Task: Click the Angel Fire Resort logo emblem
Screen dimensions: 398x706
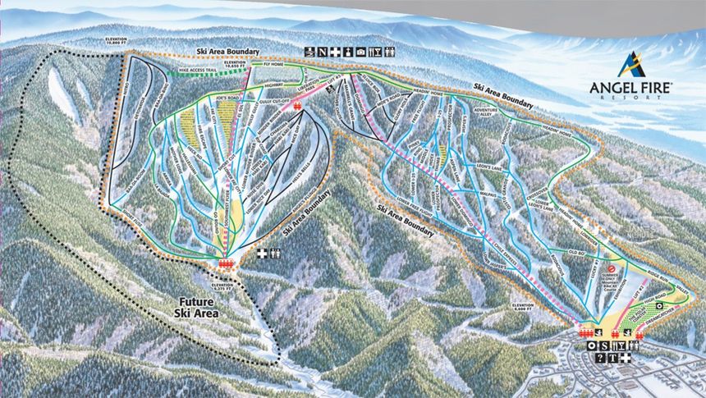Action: pyautogui.click(x=631, y=64)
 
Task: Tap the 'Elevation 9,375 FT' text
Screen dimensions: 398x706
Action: pyautogui.click(x=223, y=286)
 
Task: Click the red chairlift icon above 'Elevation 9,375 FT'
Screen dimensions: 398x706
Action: pyautogui.click(x=226, y=263)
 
